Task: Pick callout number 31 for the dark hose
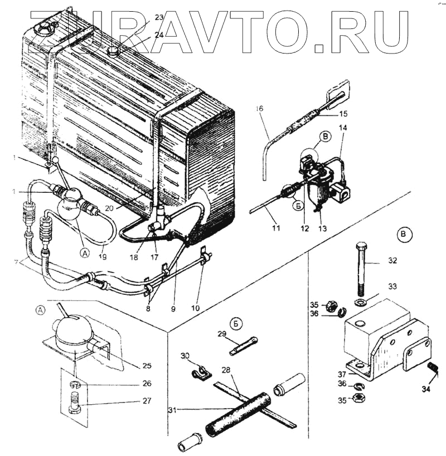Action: [174, 411]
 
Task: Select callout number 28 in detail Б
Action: [242, 370]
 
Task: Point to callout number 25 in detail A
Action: [147, 366]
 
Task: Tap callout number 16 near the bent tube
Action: [259, 109]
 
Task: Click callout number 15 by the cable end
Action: [342, 114]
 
